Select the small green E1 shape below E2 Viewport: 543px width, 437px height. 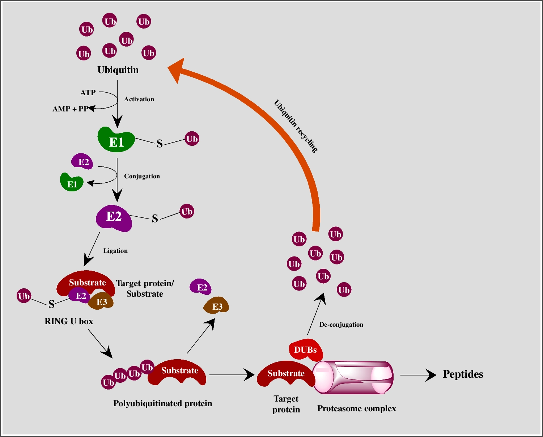pyautogui.click(x=72, y=183)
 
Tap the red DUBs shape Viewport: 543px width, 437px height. pyautogui.click(x=306, y=350)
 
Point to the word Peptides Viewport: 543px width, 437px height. pyautogui.click(x=463, y=374)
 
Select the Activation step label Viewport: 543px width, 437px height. pyautogui.click(x=139, y=99)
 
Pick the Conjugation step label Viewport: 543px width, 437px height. pyautogui.click(x=142, y=176)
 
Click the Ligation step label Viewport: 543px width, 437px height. pyautogui.click(x=115, y=251)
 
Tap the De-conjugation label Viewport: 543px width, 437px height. pyautogui.click(x=341, y=324)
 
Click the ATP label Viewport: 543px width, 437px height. pyautogui.click(x=88, y=93)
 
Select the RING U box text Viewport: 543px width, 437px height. pyautogui.click(x=69, y=321)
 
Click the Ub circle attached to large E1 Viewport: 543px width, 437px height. pyautogui.click(x=192, y=139)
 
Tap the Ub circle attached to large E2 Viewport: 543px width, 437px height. pyautogui.click(x=187, y=211)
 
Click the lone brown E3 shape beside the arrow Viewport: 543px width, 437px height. pyautogui.click(x=216, y=306)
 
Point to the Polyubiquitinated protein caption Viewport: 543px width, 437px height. pyautogui.click(x=162, y=403)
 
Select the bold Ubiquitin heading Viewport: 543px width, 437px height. pyautogui.click(x=118, y=70)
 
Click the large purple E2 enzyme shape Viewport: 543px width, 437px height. pyautogui.click(x=114, y=218)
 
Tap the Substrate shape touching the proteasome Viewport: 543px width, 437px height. pyautogui.click(x=285, y=374)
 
